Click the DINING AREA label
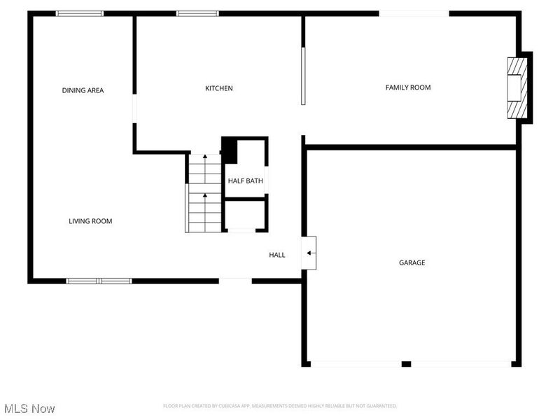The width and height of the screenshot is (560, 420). pyautogui.click(x=83, y=90)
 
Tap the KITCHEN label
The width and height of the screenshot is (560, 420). pyautogui.click(x=218, y=88)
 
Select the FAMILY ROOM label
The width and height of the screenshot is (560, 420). pyautogui.click(x=408, y=87)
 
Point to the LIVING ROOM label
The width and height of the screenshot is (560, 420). pyautogui.click(x=90, y=221)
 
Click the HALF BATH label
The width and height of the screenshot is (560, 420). pyautogui.click(x=246, y=181)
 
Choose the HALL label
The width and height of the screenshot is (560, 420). pyautogui.click(x=277, y=255)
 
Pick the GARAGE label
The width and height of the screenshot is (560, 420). pyautogui.click(x=412, y=262)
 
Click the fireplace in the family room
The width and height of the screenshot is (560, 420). pyautogui.click(x=517, y=88)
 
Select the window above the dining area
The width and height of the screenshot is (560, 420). pyautogui.click(x=80, y=13)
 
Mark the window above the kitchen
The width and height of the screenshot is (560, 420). pyautogui.click(x=197, y=13)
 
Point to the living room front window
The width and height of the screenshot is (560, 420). pyautogui.click(x=99, y=281)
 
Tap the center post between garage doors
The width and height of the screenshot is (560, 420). pyautogui.click(x=406, y=364)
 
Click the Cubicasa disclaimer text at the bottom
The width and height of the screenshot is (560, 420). pyautogui.click(x=280, y=406)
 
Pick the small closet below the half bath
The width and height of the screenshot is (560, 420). pyautogui.click(x=245, y=215)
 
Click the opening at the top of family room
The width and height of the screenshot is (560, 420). pyautogui.click(x=414, y=13)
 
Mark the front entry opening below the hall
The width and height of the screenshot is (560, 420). pyautogui.click(x=235, y=281)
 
